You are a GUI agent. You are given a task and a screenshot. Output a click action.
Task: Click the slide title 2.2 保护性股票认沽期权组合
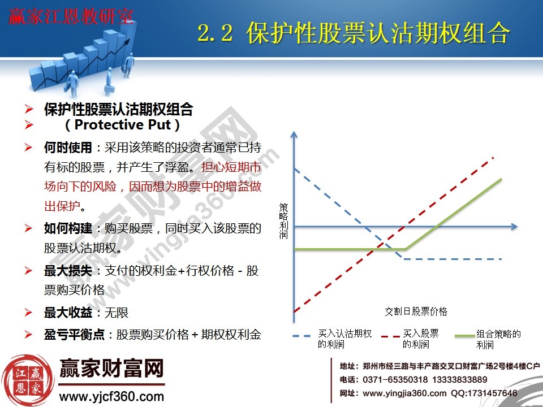tap(354, 34)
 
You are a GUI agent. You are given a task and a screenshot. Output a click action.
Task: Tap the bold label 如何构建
tap(68, 228)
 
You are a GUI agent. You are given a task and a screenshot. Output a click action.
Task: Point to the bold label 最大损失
tap(68, 271)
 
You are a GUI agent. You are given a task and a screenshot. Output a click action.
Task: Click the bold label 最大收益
tap(68, 313)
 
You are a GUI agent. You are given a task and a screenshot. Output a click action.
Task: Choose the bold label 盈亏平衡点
tap(74, 334)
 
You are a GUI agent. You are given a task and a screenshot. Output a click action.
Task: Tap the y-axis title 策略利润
tap(283, 221)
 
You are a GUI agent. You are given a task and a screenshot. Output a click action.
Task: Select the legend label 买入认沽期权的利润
tap(344, 339)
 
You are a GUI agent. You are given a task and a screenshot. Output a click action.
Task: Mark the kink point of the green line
tap(405, 249)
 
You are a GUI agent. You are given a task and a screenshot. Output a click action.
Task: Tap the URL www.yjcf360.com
tap(111, 396)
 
